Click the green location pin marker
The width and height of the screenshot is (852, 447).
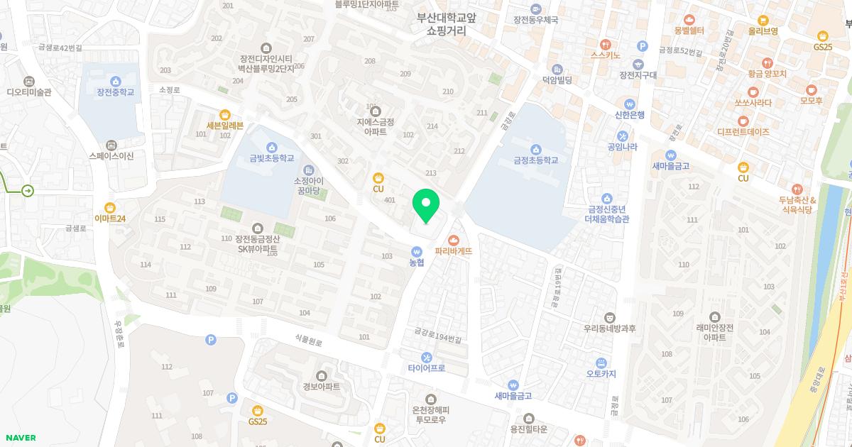[x=426, y=206]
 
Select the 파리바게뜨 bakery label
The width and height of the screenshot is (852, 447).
[x=454, y=251]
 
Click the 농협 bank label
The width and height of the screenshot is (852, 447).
[x=416, y=262]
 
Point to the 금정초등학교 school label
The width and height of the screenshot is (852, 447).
[x=536, y=160]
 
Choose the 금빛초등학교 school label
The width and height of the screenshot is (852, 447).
[x=271, y=158]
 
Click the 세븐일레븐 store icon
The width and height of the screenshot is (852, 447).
[x=225, y=114]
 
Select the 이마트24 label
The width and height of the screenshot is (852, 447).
[x=110, y=219]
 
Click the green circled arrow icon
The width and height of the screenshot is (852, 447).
[x=28, y=190]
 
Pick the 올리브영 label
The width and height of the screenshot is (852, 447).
[x=763, y=31]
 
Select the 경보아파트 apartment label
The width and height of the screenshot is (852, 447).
[x=321, y=387]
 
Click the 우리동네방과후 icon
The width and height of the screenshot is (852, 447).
[x=609, y=316]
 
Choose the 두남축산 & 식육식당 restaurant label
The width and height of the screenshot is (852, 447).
[x=798, y=205]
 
